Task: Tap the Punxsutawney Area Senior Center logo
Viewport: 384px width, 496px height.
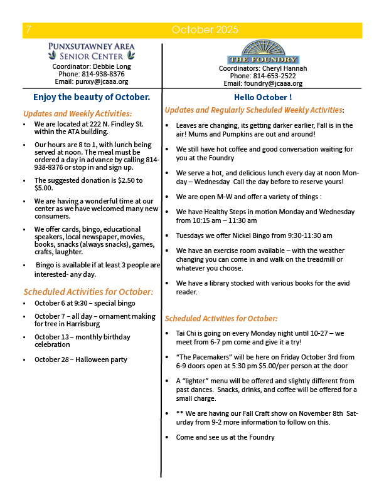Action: (92, 50)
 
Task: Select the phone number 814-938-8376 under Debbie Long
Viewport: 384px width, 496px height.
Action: (104, 73)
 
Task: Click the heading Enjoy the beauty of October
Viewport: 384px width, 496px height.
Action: (92, 97)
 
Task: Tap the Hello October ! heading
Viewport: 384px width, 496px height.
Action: (262, 98)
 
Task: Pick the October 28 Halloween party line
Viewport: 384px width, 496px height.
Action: (81, 359)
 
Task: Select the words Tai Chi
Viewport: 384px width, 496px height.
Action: (188, 333)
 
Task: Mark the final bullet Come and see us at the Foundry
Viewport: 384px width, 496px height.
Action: (225, 437)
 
